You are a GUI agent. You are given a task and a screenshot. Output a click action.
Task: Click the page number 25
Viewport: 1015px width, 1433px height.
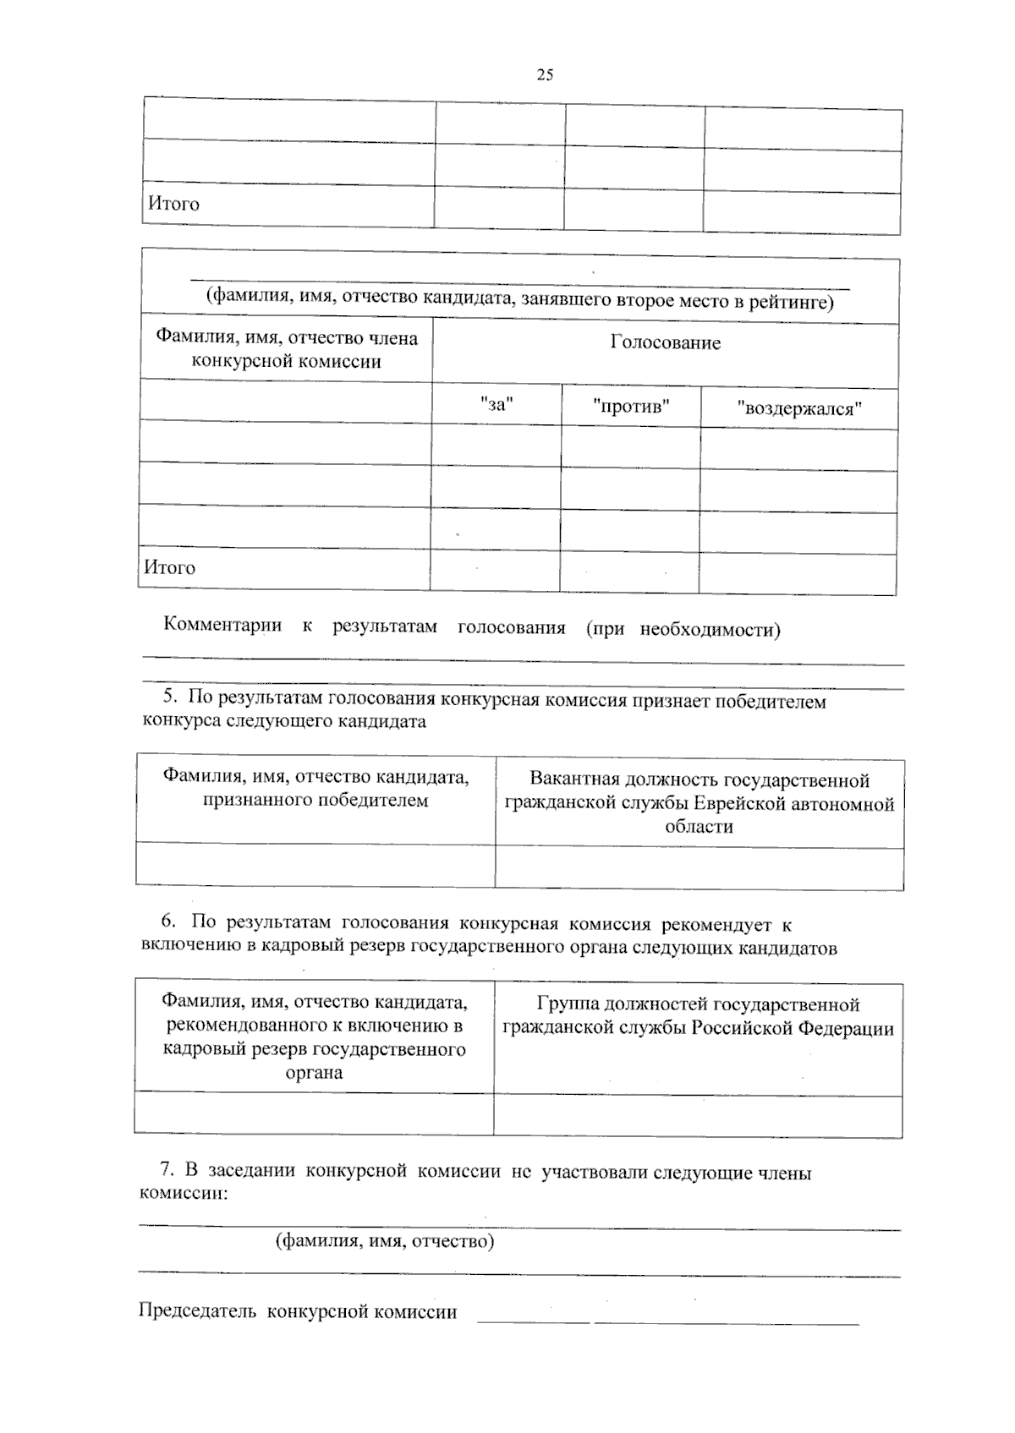545,75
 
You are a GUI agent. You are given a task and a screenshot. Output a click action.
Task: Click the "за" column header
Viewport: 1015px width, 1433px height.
497,404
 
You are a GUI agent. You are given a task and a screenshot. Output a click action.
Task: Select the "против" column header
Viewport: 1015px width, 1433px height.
631,407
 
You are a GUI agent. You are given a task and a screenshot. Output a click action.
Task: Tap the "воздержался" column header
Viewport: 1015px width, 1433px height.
798,409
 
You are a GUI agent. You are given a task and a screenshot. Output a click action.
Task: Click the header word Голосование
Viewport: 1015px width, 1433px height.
666,342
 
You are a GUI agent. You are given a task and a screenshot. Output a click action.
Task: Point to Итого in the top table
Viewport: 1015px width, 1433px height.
174,204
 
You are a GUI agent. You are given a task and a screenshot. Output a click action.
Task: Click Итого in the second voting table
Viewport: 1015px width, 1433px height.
170,567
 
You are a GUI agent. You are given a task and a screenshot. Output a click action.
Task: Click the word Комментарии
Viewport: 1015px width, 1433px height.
222,626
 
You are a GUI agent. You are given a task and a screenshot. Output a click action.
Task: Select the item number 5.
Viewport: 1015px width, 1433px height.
168,697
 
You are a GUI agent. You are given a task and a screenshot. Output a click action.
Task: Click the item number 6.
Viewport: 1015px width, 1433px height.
167,922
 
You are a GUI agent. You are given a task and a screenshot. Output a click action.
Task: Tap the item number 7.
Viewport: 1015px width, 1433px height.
167,1171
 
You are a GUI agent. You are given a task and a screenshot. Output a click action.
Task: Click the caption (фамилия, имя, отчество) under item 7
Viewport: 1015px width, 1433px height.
385,1241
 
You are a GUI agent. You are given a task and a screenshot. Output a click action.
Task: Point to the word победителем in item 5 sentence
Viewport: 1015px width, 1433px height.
771,701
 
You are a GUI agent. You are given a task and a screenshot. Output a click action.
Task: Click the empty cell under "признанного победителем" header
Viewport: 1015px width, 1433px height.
315,864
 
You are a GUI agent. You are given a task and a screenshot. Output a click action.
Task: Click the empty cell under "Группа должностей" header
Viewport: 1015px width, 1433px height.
698,1116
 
